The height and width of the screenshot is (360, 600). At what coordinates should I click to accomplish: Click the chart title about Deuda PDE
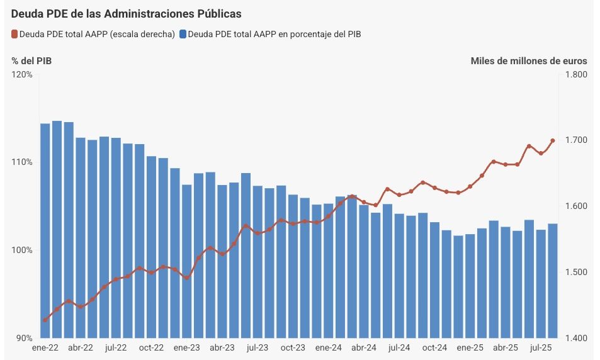tap(127, 13)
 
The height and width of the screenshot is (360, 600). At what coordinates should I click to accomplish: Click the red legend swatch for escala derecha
tap(15, 34)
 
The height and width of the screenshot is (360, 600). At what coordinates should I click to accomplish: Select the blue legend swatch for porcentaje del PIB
tap(183, 34)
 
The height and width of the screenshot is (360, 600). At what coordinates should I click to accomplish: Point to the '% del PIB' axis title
tap(31, 61)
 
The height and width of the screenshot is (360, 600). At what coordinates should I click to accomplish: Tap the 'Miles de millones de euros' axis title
tap(529, 61)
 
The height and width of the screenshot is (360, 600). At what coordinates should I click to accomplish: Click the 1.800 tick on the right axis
tap(576, 74)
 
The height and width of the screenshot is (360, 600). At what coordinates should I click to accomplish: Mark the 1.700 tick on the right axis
tap(576, 140)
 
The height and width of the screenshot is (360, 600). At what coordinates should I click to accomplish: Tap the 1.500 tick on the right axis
tap(576, 272)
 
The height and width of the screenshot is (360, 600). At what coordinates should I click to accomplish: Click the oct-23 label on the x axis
tap(292, 347)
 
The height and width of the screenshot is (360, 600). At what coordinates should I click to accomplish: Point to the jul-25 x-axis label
tap(540, 347)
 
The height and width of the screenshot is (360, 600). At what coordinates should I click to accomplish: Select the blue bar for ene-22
tap(45, 230)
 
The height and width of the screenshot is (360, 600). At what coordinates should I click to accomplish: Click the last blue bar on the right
tap(552, 281)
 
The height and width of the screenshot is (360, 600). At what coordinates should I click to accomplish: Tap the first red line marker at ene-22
tap(45, 320)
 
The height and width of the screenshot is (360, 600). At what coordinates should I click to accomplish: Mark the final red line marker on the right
tap(552, 141)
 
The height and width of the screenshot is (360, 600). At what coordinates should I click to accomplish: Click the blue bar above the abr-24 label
tap(364, 271)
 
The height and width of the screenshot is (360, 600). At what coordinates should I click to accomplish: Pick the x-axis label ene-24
tap(328, 347)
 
